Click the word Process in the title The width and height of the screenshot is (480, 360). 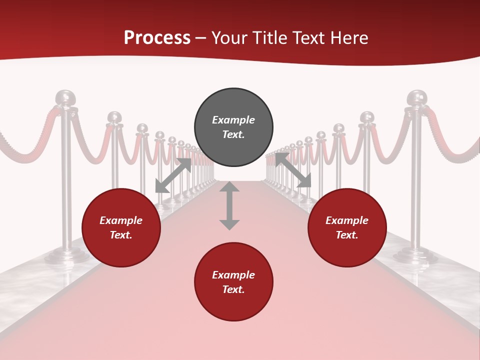157,38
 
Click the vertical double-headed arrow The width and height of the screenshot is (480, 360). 229,205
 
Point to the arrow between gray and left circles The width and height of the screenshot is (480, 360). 173,175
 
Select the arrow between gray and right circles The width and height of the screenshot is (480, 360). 293,170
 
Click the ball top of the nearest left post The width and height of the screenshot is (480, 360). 65,97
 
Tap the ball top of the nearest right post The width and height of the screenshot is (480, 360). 416,97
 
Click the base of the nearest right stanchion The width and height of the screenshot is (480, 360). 415,255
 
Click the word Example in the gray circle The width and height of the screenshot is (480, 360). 233,120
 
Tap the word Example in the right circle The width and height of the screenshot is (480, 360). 347,220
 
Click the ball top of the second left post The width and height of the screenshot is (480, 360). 114,117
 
